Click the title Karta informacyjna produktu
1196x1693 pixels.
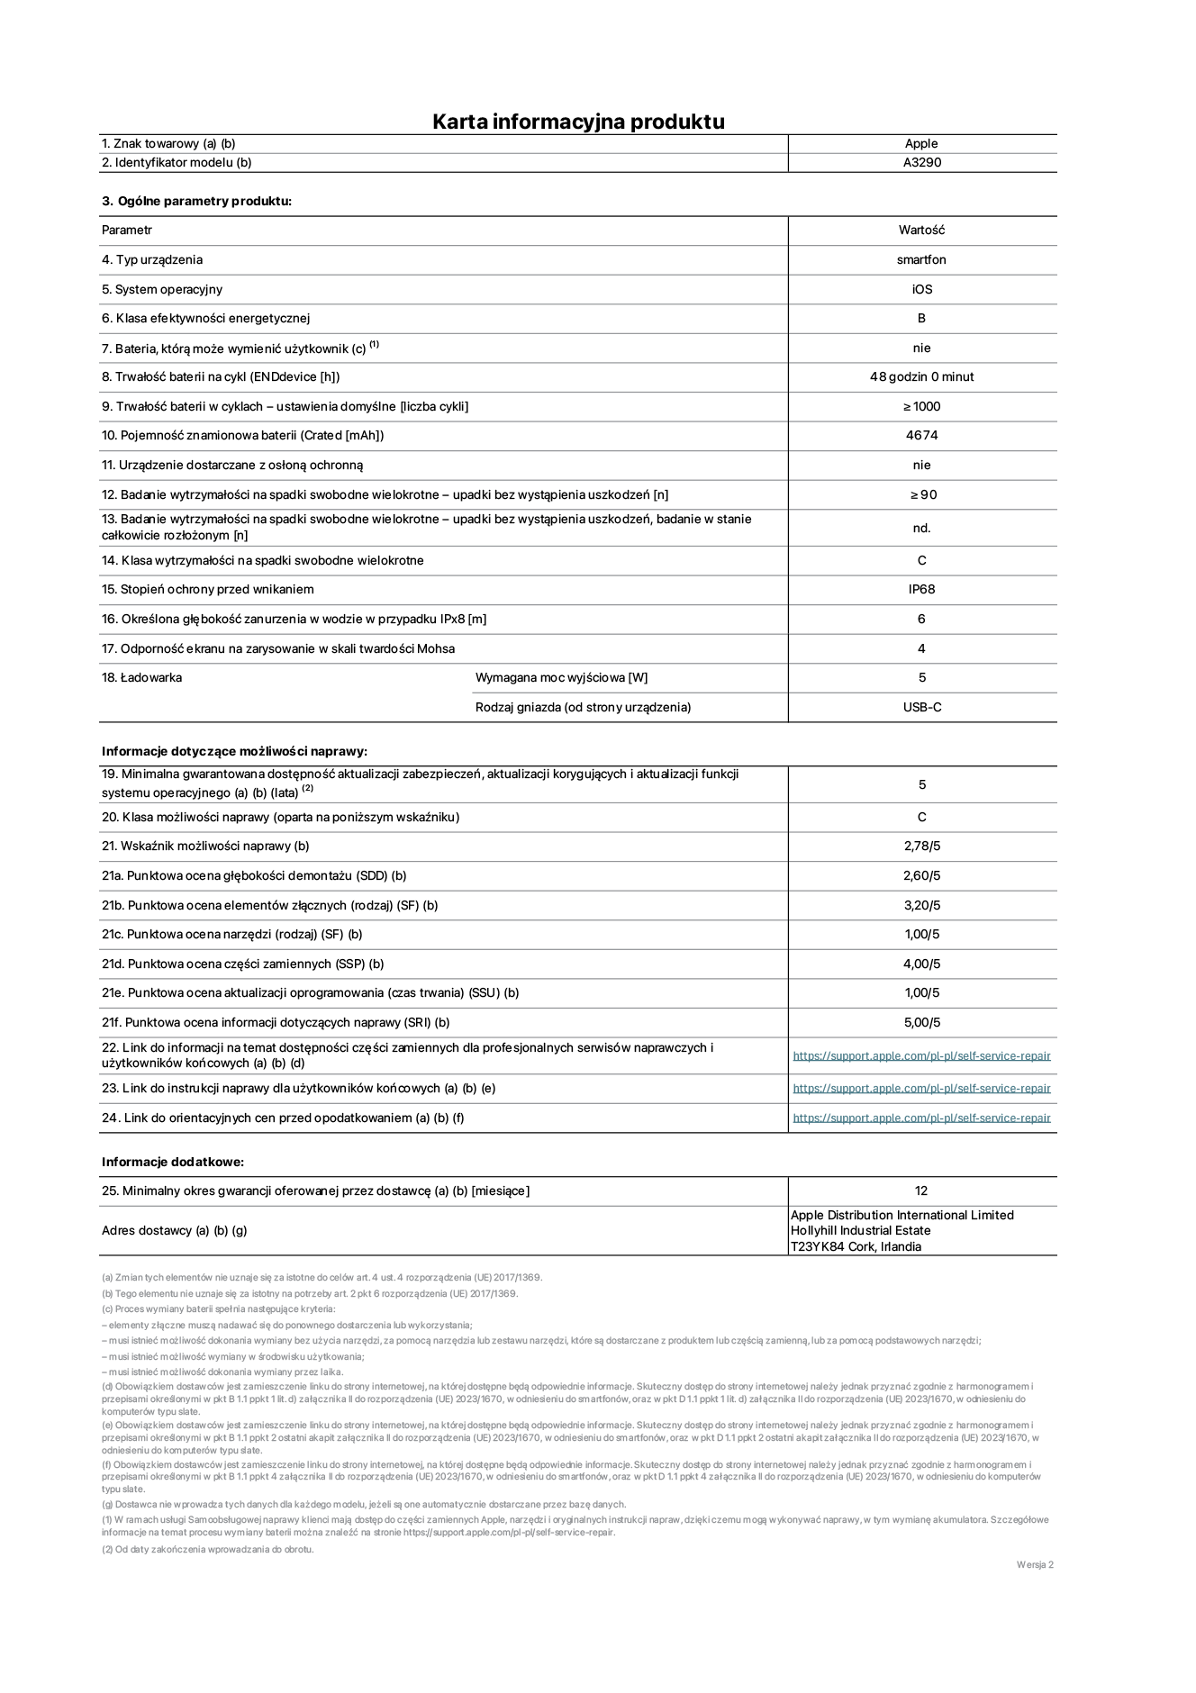click(x=578, y=122)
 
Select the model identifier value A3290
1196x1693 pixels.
click(x=921, y=163)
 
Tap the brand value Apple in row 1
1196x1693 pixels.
click(x=921, y=143)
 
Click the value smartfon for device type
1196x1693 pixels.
click(x=921, y=259)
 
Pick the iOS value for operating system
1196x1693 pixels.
click(x=921, y=289)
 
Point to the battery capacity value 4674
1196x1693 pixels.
click(x=921, y=435)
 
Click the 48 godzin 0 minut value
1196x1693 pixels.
click(x=921, y=376)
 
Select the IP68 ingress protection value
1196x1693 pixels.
click(x=921, y=589)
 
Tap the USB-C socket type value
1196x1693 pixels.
click(x=922, y=707)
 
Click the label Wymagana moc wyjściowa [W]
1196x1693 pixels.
click(x=561, y=677)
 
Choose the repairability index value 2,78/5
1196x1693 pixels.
click(x=921, y=846)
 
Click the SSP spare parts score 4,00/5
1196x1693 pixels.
click(x=921, y=964)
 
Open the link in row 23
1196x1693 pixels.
click(x=921, y=1088)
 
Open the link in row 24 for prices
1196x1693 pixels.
click(x=921, y=1118)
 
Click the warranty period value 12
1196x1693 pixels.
click(x=921, y=1191)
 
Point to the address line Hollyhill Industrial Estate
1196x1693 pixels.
click(x=860, y=1230)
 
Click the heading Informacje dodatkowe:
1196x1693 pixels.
click(x=173, y=1162)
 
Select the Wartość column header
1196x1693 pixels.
click(x=921, y=230)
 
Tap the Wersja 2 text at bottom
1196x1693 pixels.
click(x=1035, y=1564)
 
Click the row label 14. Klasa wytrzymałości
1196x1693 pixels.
click(x=262, y=560)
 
